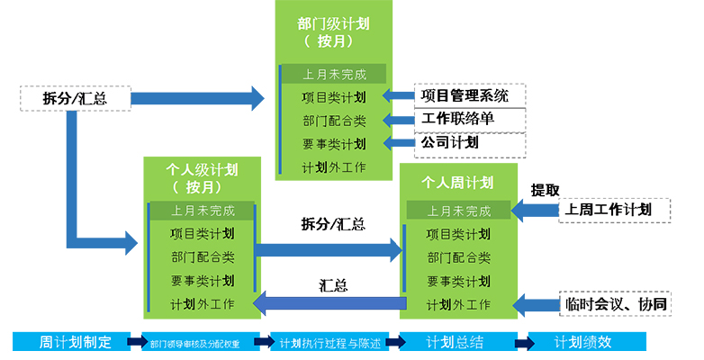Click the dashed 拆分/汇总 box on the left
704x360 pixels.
click(75, 98)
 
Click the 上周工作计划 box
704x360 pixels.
click(613, 210)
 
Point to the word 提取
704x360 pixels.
click(546, 190)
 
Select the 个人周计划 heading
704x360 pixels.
click(458, 183)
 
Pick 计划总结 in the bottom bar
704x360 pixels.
click(455, 343)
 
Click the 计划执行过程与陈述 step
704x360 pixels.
click(329, 343)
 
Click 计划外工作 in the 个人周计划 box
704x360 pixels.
click(458, 304)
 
